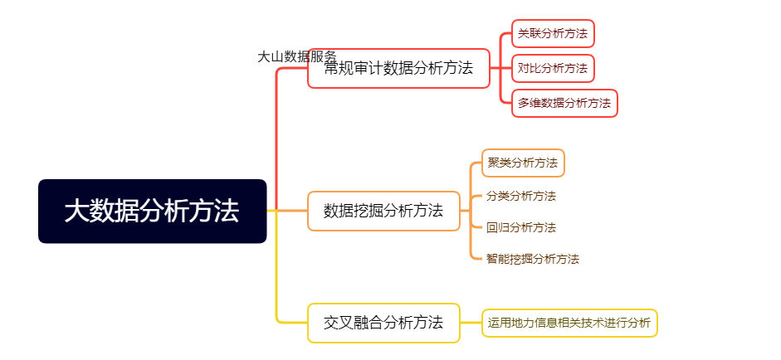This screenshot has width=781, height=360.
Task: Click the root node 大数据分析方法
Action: [153, 212]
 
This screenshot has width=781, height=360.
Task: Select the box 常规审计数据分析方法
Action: [398, 68]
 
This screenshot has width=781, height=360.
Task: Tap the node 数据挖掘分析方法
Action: [383, 212]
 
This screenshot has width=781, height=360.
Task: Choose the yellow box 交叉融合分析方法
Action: [383, 324]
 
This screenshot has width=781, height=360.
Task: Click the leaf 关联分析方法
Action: [553, 34]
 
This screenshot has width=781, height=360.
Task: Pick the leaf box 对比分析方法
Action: [553, 68]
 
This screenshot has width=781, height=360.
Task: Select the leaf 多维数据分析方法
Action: [564, 103]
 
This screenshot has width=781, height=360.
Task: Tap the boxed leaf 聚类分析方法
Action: [523, 163]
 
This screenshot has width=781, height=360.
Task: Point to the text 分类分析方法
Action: [521, 197]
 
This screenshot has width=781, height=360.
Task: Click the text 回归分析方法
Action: [521, 228]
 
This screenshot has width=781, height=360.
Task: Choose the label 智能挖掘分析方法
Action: [533, 259]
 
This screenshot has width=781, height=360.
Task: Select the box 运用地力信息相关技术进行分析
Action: [570, 323]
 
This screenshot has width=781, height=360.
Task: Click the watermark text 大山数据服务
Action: [297, 56]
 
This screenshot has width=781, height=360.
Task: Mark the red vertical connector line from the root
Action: [276, 139]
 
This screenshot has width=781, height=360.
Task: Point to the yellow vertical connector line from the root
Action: [276, 267]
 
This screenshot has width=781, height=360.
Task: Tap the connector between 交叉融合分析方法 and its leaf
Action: [471, 324]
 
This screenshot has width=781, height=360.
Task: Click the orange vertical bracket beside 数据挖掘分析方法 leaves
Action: [471, 212]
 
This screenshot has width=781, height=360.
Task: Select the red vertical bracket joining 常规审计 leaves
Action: [500, 68]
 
